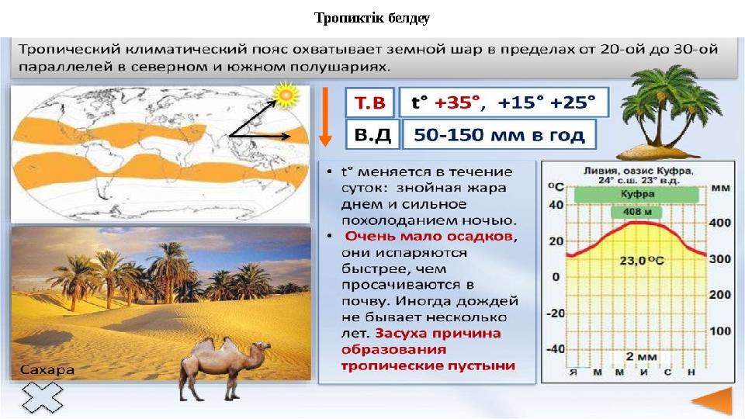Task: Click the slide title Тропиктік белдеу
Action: pos(372,17)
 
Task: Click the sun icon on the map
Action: pos(286,95)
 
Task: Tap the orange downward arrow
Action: pos(325,116)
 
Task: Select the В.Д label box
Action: pos(371,134)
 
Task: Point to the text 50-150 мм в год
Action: pos(498,134)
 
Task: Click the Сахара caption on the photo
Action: pos(48,369)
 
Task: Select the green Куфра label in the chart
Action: pos(636,193)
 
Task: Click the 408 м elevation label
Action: pos(636,212)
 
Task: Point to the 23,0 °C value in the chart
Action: pos(639,261)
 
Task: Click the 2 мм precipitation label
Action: pos(636,356)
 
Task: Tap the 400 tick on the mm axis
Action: pos(721,223)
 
